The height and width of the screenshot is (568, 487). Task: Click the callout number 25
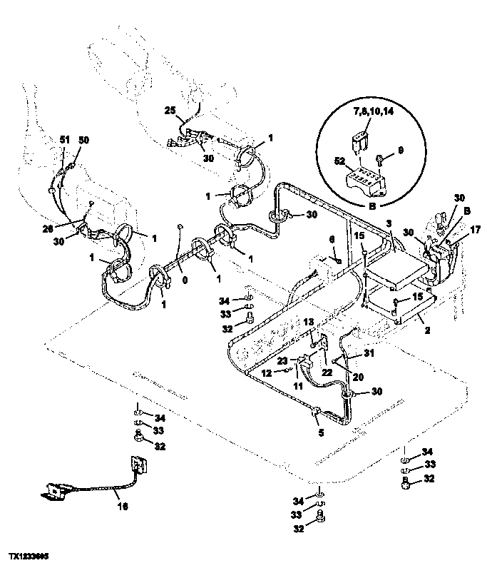[x=169, y=111]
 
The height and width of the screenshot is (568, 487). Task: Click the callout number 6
[x=331, y=240]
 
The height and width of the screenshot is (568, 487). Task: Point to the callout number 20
[x=358, y=376]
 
